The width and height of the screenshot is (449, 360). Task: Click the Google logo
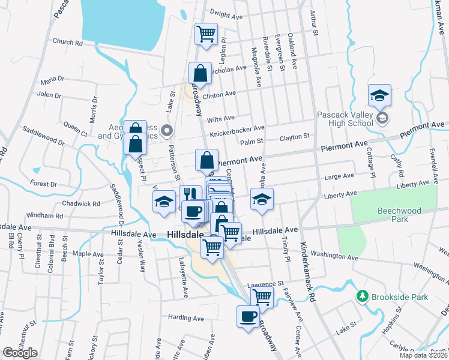coord(20,353)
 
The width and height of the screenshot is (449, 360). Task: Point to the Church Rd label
coord(67,43)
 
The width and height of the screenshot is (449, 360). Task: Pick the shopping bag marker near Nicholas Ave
coord(200,73)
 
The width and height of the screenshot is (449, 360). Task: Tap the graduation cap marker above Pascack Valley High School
coord(379,95)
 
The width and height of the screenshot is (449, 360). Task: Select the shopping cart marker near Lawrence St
coord(262,296)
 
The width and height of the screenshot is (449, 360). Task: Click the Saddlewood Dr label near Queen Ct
coord(43,135)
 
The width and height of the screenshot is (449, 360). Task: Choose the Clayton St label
coord(294,138)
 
